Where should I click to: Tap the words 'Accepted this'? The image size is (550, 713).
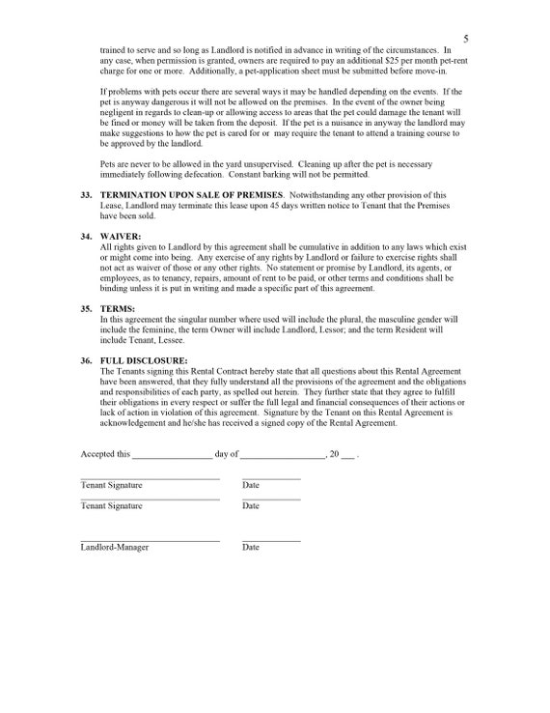pos(104,453)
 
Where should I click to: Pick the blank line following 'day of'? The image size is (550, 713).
pos(282,455)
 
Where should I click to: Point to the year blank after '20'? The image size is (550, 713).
pos(347,455)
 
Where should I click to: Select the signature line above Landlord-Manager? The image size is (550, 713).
pos(150,540)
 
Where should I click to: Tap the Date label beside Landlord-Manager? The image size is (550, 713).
pos(251,548)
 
